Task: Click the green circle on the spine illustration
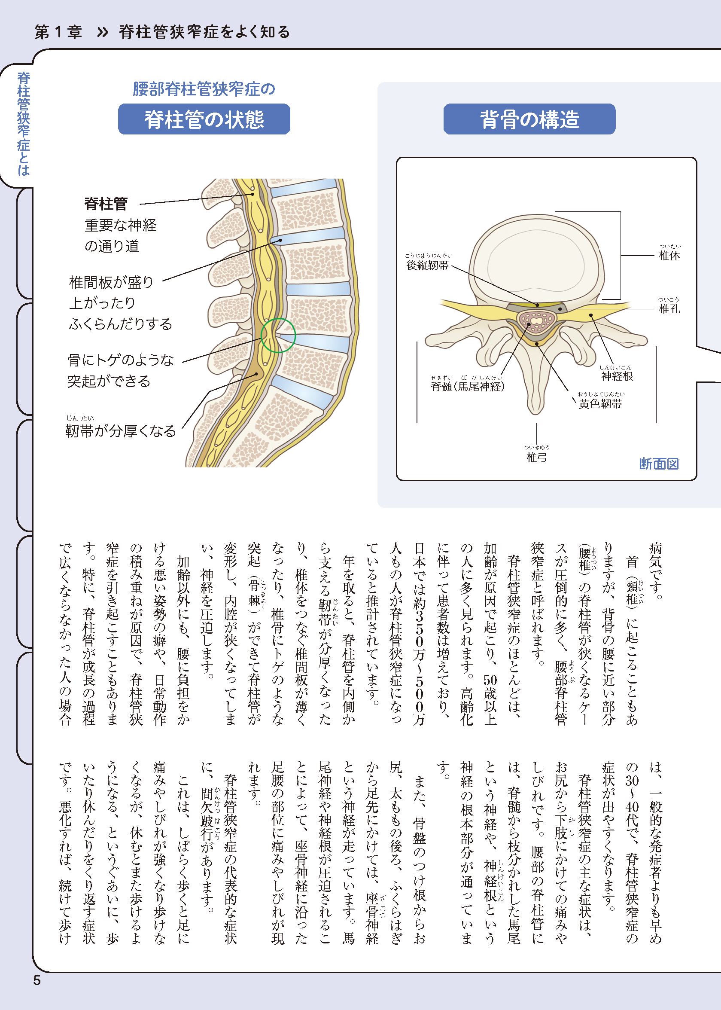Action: [x=278, y=336]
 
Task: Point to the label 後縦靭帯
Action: [x=428, y=265]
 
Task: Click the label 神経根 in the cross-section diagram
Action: [x=617, y=376]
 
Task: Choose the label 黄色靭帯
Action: [x=600, y=404]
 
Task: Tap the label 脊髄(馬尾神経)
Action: [x=468, y=386]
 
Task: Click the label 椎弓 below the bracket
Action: [x=536, y=457]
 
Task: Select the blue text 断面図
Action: [x=659, y=464]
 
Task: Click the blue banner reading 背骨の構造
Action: [x=529, y=119]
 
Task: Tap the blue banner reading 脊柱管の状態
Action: [x=204, y=119]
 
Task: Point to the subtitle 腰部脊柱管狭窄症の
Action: [x=204, y=89]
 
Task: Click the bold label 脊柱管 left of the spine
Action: [x=106, y=204]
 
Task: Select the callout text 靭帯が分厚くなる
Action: [x=121, y=431]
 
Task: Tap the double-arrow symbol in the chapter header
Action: [x=103, y=32]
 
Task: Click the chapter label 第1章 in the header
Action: [x=58, y=32]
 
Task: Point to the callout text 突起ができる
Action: [x=109, y=381]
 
